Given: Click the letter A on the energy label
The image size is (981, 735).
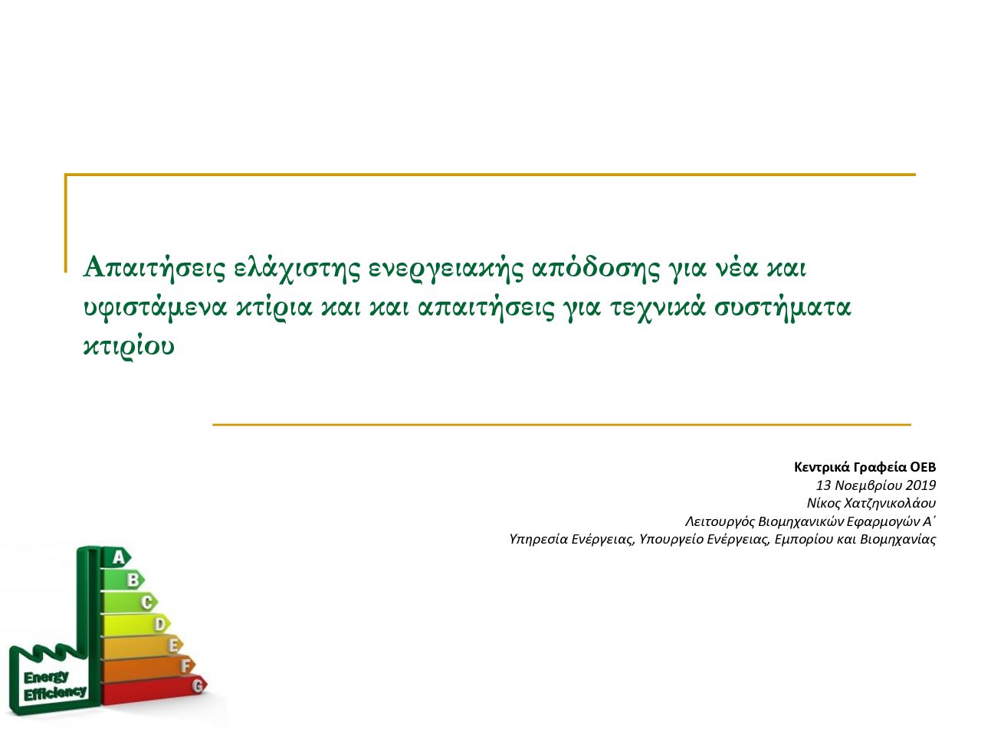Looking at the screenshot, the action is pos(119,557).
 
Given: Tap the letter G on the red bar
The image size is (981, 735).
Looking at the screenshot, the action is pos(198,686).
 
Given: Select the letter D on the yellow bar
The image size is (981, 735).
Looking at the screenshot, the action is pos(160,624).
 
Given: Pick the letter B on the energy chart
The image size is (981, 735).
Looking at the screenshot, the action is pos(133,580).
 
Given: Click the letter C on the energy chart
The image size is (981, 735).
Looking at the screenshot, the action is pos(147,602).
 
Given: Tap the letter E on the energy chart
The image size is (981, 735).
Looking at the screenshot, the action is pos(174,645).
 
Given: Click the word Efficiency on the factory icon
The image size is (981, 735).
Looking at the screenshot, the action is pos(54,694).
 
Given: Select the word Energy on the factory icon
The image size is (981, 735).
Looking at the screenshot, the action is pos(46,678).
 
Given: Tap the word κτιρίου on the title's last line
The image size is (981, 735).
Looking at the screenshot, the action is pos(129,345).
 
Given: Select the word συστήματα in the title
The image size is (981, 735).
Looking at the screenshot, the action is pos(783,307).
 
